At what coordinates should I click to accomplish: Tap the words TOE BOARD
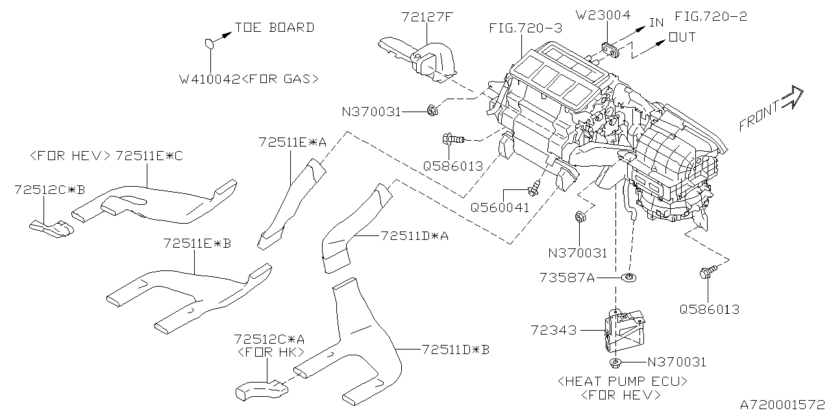coord(274,27)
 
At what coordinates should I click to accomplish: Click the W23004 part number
coord(603,16)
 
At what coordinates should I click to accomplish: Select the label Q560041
coord(499,208)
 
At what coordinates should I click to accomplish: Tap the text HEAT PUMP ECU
coord(621,381)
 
